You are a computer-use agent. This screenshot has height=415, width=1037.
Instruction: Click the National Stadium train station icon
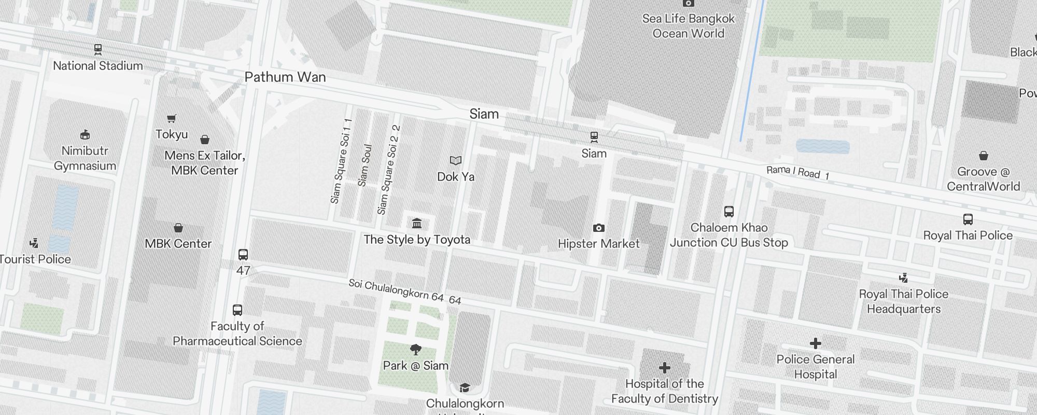coord(98,50)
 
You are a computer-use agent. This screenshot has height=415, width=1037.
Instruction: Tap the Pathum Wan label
coord(285,77)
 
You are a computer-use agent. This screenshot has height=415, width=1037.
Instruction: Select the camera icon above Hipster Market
coord(598,228)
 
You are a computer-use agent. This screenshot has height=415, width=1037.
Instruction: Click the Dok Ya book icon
coord(455,161)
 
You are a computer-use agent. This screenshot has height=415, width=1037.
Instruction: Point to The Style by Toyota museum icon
coord(417,224)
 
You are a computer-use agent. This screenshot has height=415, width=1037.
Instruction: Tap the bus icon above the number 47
coord(243,255)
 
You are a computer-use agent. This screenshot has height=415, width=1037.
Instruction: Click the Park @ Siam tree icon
coord(415,350)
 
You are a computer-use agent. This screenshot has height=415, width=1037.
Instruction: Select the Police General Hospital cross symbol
coord(815,343)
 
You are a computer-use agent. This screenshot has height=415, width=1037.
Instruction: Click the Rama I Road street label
coord(797,173)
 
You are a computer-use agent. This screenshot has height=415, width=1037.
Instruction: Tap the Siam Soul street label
coord(365,165)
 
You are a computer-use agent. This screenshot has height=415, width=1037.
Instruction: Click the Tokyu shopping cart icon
coord(171,119)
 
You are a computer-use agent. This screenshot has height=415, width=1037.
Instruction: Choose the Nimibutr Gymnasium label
coord(85,158)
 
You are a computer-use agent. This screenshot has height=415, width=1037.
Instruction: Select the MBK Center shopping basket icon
coord(178,228)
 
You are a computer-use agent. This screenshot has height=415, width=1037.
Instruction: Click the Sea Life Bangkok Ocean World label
coord(688,26)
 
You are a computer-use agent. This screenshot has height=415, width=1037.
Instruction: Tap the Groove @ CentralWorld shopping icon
coord(983,156)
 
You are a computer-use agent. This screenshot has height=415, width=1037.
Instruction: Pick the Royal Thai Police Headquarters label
coord(903,301)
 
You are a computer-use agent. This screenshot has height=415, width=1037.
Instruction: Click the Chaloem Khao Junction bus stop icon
coord(728,212)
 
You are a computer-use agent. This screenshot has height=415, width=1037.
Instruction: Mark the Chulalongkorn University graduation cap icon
coord(465,388)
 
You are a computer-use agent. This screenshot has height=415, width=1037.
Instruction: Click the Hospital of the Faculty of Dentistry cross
coord(664,368)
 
